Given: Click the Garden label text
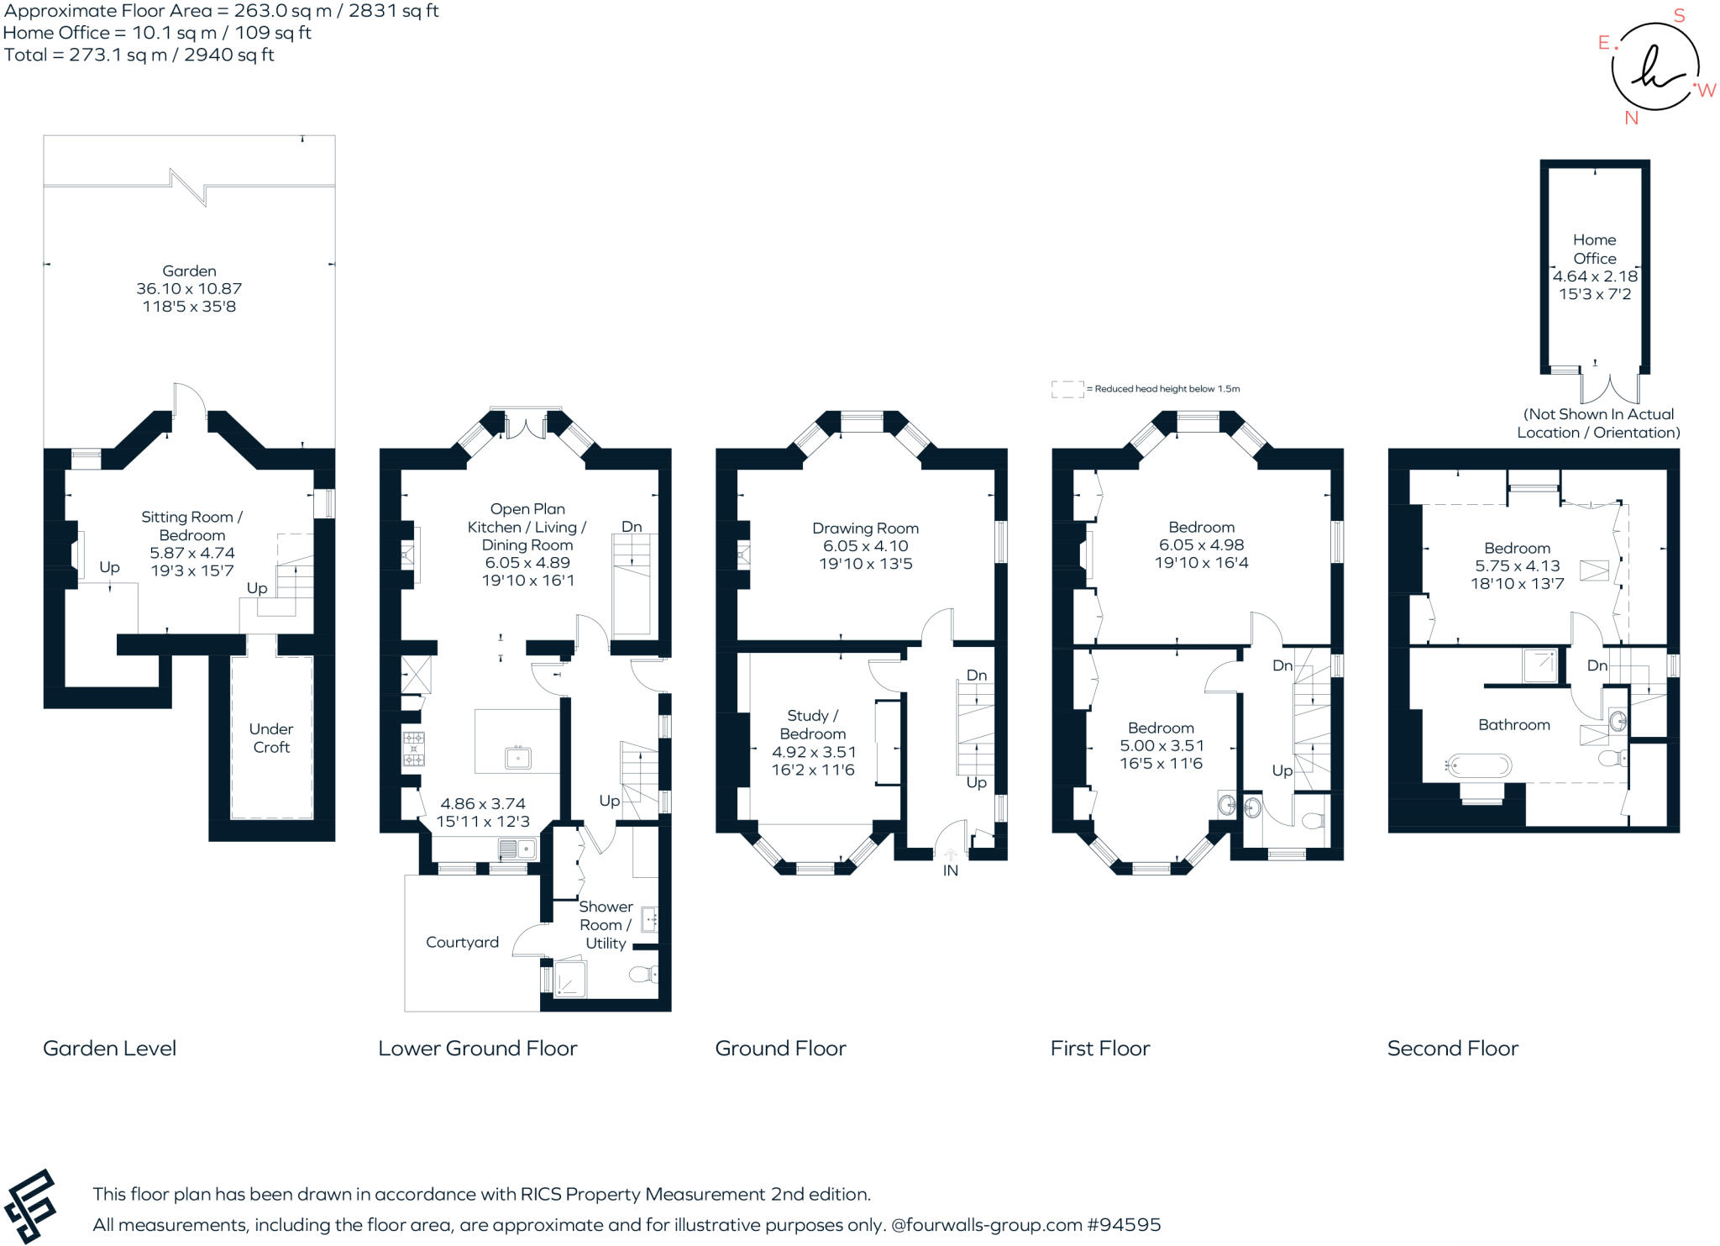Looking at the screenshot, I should [189, 271].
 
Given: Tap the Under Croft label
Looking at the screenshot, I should [271, 738].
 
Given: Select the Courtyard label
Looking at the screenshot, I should [462, 942].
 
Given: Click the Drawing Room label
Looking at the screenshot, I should [865, 528].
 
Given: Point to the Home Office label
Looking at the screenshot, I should [1594, 249].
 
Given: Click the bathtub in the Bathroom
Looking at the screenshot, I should [1479, 765].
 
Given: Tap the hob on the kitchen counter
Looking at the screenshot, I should [413, 749].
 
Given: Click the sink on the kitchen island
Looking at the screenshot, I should [518, 758].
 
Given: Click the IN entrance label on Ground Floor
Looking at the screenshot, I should [950, 870].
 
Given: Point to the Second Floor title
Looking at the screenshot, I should [1452, 1048].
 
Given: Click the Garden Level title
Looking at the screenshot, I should [109, 1048].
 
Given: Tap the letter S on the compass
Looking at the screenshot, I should [1679, 16].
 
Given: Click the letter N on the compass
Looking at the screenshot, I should [1631, 118].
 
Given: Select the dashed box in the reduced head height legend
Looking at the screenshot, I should [1067, 389].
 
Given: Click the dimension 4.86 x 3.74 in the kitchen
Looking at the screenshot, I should [482, 804].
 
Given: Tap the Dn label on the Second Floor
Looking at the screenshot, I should [1597, 665].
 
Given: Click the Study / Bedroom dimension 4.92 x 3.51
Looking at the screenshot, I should [813, 752].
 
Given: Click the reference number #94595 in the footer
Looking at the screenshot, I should [1124, 1224].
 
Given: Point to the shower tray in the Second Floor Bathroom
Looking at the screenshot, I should [1539, 665].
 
